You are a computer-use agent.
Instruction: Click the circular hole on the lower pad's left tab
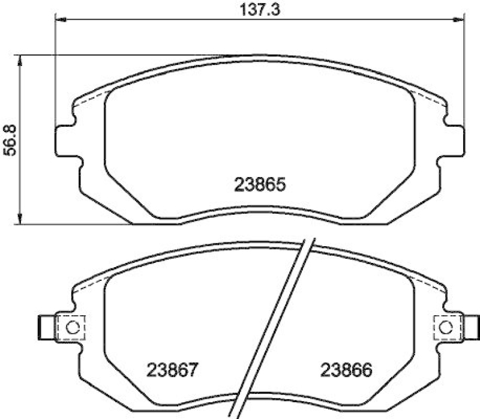point(71,328)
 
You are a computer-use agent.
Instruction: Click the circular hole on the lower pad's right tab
point(446,328)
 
